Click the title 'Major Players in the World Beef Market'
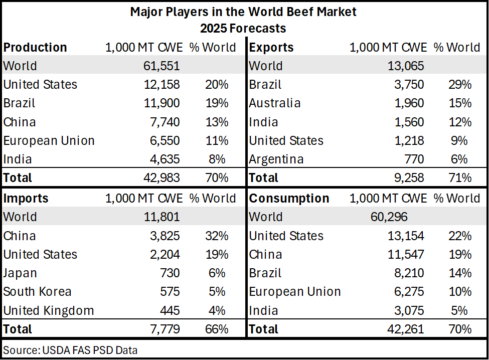pos(243,12)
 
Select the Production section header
pos(35,48)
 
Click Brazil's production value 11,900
pos(158,103)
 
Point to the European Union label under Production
pos(49,141)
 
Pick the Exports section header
pos(271,48)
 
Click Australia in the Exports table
pos(275,103)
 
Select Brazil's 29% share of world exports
pos(460,85)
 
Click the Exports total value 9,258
pos(405,178)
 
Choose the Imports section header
pos(26,199)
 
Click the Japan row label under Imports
pos(20,273)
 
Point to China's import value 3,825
pos(161,236)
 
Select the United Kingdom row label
pos(49,311)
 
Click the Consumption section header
pos(289,199)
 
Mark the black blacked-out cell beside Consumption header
pos(459,198)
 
